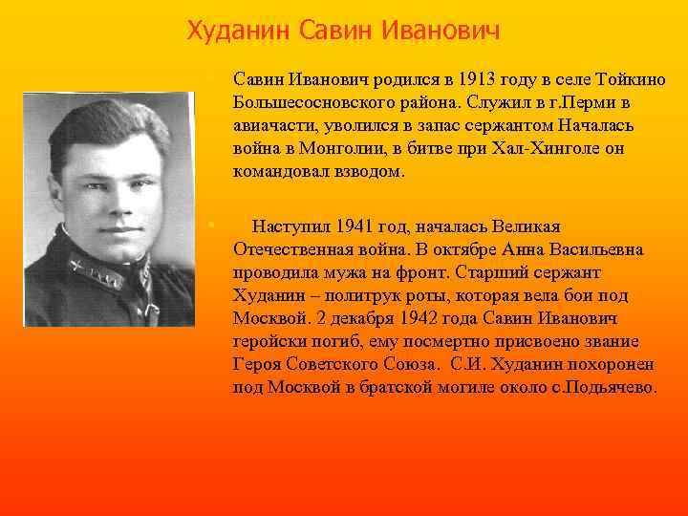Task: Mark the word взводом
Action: pyautogui.click(x=369, y=172)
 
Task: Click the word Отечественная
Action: pyautogui.click(x=291, y=249)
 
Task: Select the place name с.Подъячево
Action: pyautogui.click(x=597, y=387)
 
